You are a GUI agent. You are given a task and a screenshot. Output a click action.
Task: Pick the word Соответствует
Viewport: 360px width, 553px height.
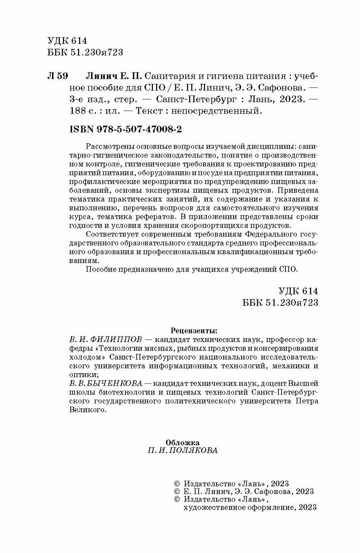click(113, 233)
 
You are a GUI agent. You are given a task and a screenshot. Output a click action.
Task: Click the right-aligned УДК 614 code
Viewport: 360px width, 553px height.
click(299, 291)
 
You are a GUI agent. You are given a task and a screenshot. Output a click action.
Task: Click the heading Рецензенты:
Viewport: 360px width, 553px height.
click(193, 330)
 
